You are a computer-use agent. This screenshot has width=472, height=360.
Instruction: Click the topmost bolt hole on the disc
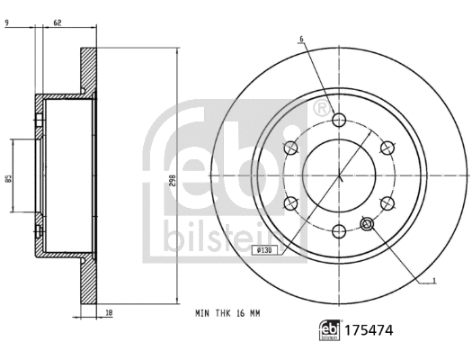click(339, 121)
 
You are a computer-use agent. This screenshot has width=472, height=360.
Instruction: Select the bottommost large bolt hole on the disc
click(339, 231)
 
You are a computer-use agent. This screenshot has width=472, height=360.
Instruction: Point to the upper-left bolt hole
click(291, 148)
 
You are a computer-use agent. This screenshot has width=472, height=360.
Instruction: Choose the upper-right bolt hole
click(387, 148)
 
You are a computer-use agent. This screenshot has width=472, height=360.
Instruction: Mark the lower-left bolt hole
click(291, 204)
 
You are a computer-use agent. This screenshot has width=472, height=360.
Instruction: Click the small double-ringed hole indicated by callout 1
click(367, 223)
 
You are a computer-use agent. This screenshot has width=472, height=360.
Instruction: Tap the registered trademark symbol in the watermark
click(319, 109)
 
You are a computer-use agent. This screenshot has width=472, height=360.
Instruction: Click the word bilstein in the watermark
click(209, 237)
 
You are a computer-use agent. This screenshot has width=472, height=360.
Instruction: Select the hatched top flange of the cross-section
click(88, 72)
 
